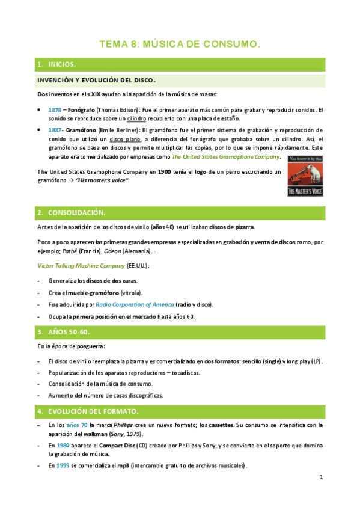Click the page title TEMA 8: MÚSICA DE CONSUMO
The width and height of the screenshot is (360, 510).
tap(179, 44)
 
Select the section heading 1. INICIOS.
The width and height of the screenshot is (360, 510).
tap(58, 64)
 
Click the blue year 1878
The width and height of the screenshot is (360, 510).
tap(55, 110)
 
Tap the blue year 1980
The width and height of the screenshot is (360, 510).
tap(55, 446)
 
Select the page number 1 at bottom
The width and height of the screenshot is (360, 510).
tap(321, 478)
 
